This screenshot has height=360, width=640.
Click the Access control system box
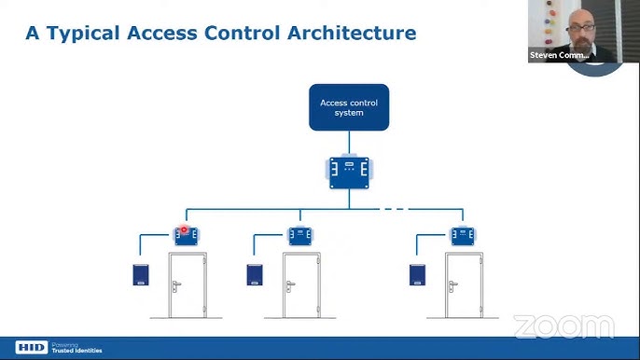(349, 108)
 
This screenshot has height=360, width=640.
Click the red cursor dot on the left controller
(185, 228)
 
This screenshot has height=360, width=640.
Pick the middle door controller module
(301, 235)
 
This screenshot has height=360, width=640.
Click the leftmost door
(188, 285)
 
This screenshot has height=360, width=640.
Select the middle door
(301, 285)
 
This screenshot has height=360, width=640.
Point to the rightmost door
(464, 285)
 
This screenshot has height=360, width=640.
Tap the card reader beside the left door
(140, 275)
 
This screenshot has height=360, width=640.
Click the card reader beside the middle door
(255, 275)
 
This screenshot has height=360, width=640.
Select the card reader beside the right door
(417, 275)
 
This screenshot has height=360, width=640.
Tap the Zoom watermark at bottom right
(563, 327)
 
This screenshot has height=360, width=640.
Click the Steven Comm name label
(558, 55)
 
